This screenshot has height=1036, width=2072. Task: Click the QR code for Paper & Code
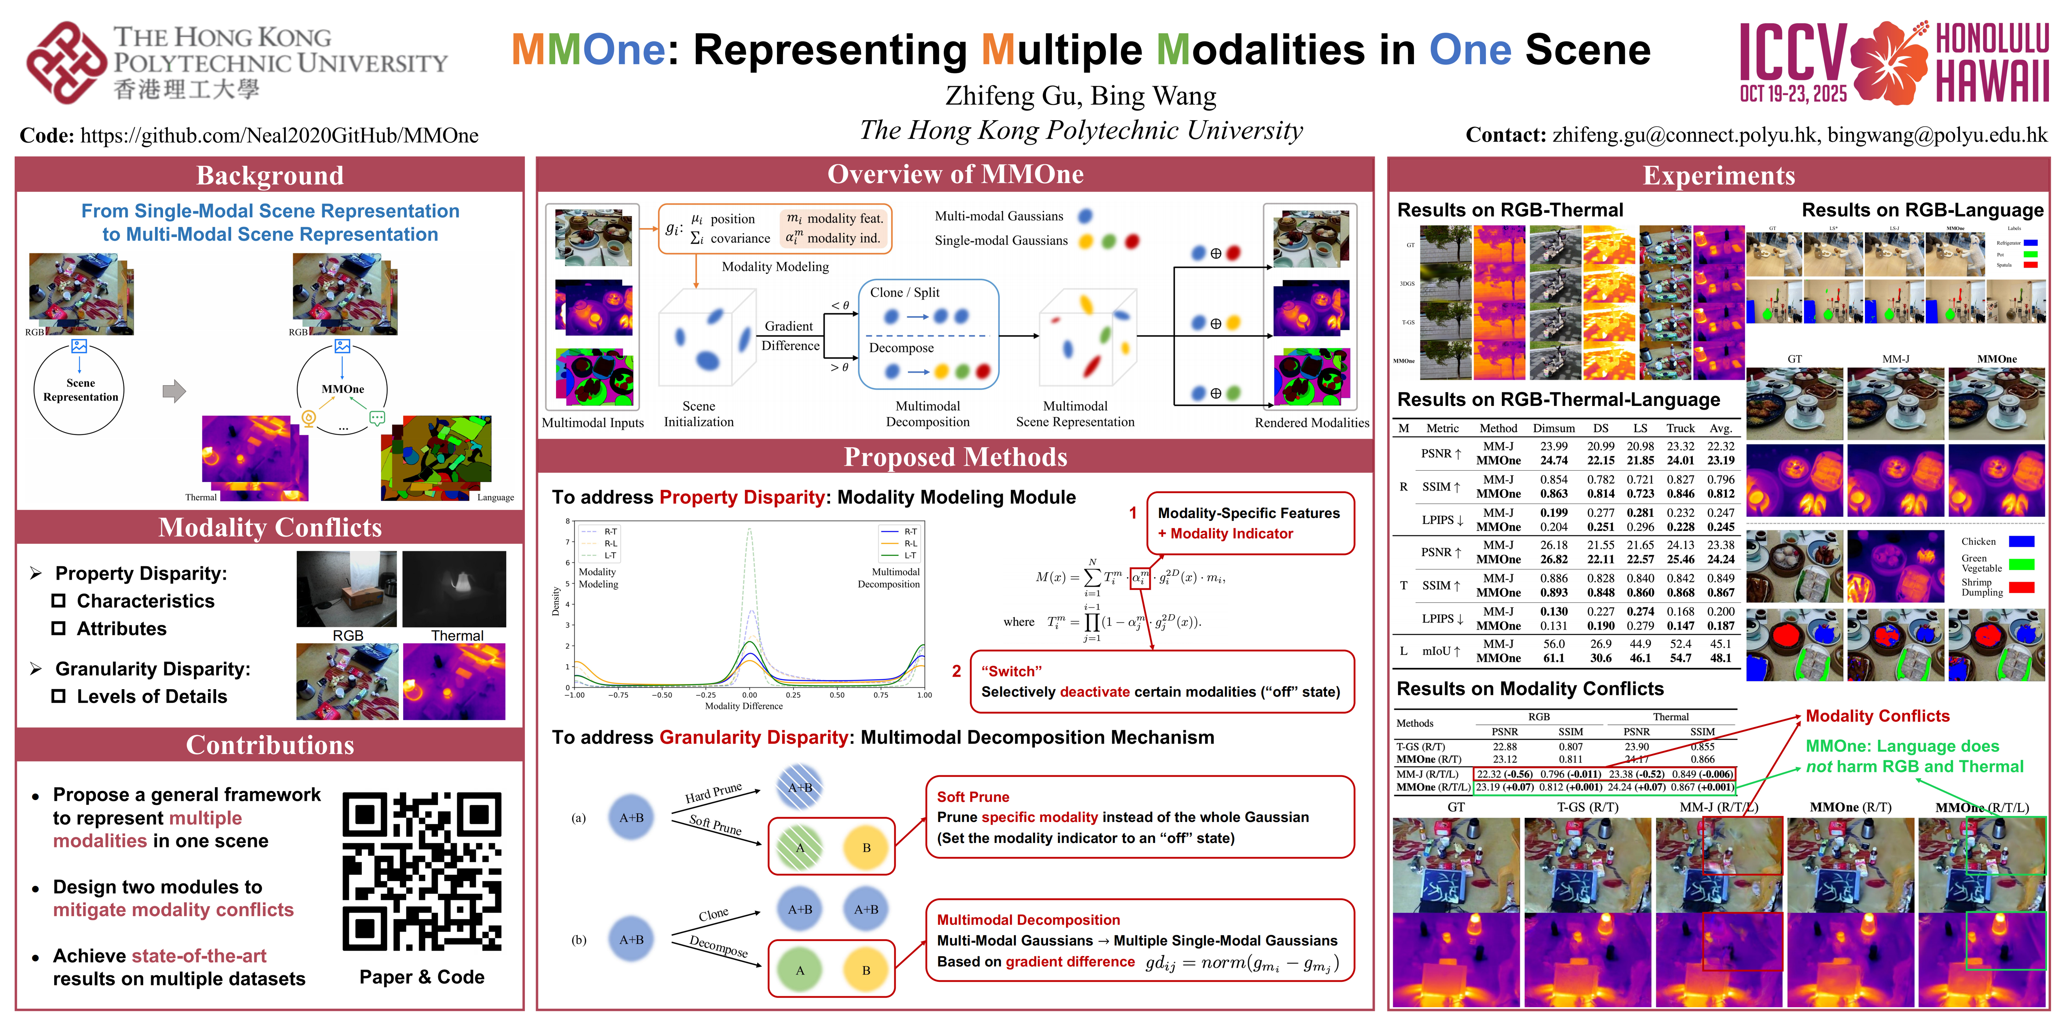[421, 871]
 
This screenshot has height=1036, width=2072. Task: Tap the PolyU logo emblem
[66, 63]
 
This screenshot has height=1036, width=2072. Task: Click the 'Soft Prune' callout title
[972, 796]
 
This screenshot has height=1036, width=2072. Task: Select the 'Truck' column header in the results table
[1680, 428]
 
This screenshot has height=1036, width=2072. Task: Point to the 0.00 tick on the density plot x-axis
[749, 695]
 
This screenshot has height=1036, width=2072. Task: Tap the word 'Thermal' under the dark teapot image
[457, 635]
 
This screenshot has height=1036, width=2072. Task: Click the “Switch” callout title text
[1011, 671]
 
